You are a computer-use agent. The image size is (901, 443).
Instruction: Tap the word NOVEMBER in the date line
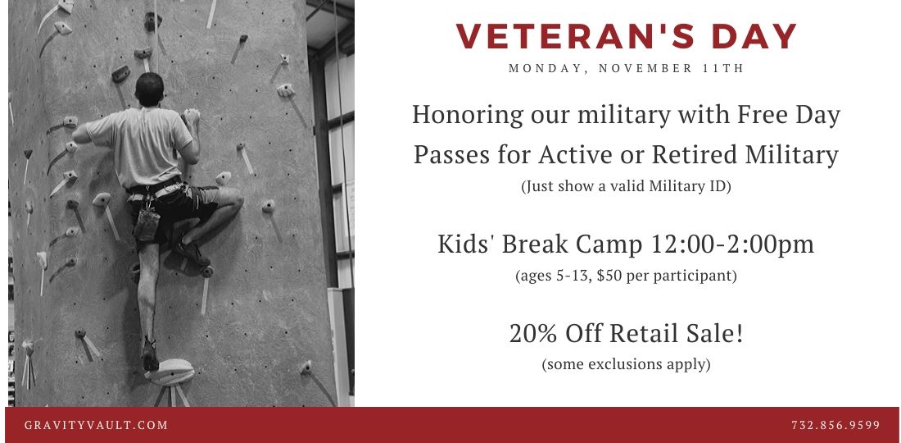645,68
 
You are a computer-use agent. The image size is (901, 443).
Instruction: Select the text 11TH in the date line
723,68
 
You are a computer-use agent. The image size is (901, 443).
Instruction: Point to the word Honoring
468,115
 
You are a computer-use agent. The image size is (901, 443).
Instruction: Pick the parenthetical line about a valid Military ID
626,187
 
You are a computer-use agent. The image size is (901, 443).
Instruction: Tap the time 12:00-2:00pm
732,244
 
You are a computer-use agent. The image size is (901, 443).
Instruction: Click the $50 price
609,276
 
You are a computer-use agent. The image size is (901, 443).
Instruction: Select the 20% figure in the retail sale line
532,333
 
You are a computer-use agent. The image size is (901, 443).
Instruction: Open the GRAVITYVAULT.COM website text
96,426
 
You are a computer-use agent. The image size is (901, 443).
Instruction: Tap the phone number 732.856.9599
835,426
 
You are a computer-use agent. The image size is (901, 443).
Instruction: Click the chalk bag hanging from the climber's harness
147,224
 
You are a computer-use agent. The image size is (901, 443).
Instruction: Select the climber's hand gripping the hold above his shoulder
192,116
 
